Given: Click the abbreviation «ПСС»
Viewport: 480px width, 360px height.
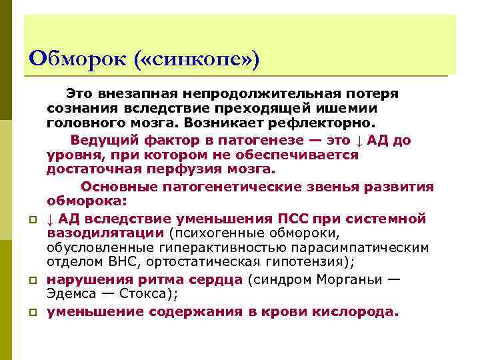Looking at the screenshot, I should click(x=297, y=218).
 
